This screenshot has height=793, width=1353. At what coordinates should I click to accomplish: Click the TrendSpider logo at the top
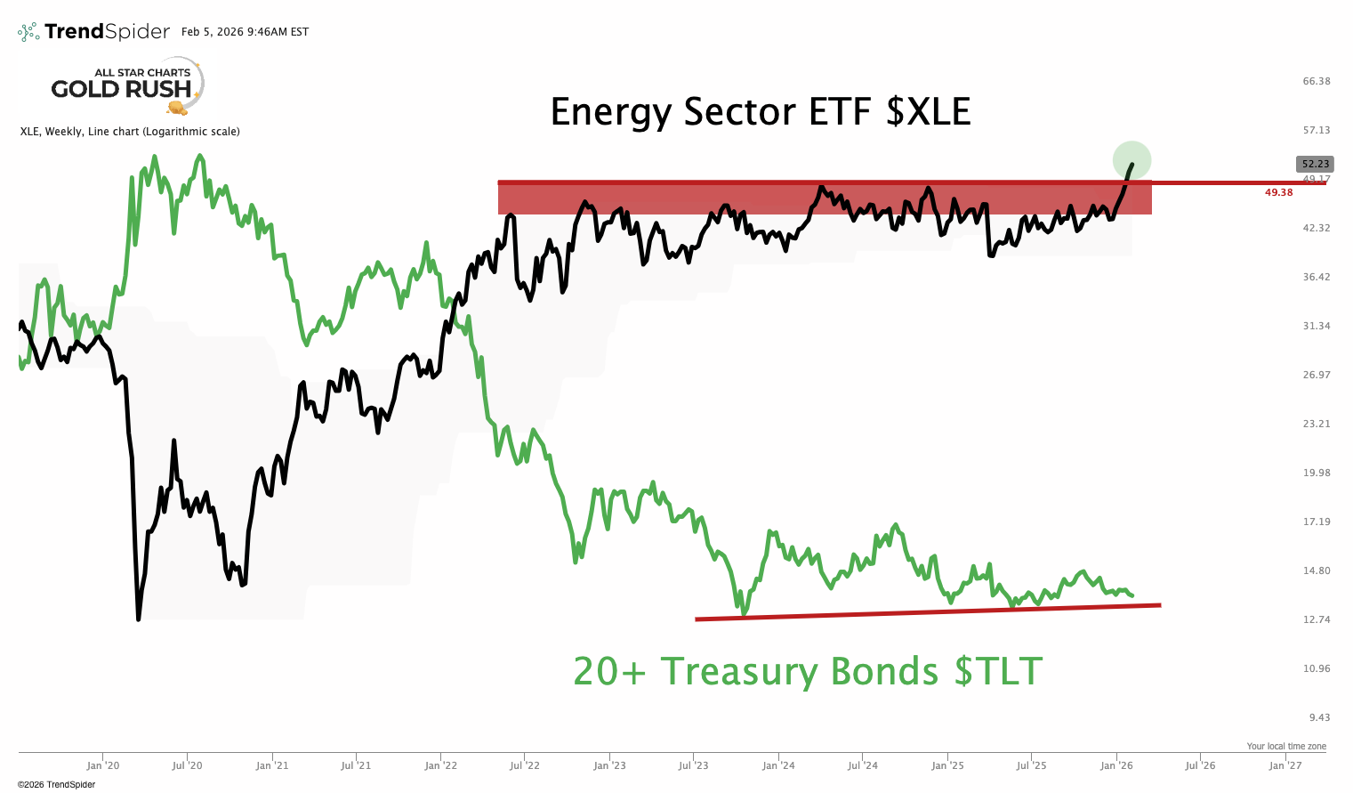93,32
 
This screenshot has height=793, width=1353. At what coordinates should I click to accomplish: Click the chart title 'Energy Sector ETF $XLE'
760,112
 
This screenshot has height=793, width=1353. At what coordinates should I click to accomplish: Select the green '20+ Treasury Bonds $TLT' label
807,671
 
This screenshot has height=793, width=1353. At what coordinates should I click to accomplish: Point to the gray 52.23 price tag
1315,164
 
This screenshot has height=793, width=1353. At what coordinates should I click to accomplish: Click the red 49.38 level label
1278,192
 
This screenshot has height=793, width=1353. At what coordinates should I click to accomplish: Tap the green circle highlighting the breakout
1132,160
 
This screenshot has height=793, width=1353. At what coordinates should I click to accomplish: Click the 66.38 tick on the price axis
1316,81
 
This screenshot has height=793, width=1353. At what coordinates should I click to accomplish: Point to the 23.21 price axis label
1316,424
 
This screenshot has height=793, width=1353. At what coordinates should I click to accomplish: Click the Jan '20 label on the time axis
103,765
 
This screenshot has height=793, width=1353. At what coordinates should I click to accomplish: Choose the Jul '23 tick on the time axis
694,765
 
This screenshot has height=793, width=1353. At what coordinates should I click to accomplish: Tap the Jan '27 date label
1285,765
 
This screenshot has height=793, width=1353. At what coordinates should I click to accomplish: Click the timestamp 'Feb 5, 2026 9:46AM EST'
245,32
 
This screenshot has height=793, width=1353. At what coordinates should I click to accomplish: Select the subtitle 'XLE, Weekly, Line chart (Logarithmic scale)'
130,132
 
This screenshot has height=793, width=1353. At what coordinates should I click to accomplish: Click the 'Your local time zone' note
1285,747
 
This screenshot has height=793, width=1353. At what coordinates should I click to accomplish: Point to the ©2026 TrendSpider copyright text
56,784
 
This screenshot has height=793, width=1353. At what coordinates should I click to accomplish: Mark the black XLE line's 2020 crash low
139,619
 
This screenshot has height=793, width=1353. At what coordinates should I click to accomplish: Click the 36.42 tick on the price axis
1316,277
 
